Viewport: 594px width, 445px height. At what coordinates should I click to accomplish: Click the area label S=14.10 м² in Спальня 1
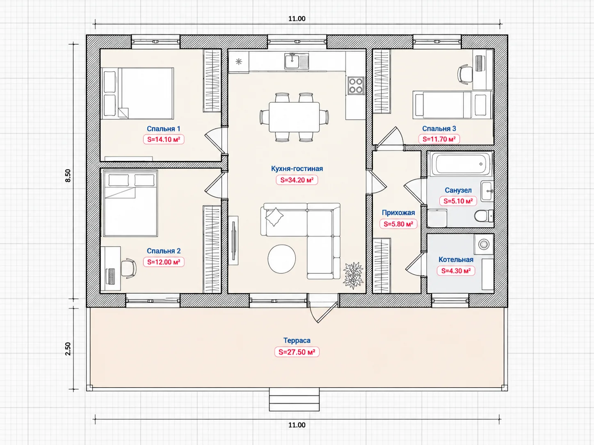[x=164, y=139]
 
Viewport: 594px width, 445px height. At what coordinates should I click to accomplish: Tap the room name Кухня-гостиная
[x=297, y=168]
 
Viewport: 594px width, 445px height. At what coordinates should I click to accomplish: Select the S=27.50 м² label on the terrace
[x=297, y=352]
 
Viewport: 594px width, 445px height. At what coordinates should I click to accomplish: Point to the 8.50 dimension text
[x=68, y=176]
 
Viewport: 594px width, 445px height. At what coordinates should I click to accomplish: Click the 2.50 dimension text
[x=68, y=349]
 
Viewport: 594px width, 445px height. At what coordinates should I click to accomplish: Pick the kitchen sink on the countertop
[x=297, y=61]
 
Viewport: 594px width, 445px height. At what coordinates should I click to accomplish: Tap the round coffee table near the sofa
[x=281, y=259]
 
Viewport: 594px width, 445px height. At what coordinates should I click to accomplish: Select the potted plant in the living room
[x=353, y=275]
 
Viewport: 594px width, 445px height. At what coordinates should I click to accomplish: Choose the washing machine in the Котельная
[x=484, y=244]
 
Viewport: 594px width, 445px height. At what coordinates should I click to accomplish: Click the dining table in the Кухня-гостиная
[x=294, y=117]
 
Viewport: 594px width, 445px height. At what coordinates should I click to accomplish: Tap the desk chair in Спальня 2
[x=128, y=268]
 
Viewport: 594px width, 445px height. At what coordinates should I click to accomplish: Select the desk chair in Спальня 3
[x=465, y=74]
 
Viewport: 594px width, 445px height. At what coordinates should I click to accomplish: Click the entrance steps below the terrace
[x=294, y=400]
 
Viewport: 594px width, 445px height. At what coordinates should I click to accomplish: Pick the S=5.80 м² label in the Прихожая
[x=398, y=224]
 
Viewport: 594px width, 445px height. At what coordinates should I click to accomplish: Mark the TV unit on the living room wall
[x=233, y=240]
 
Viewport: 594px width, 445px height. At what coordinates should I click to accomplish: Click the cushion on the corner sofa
[x=274, y=217]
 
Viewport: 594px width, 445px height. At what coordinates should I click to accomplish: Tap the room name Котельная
[x=456, y=260]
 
